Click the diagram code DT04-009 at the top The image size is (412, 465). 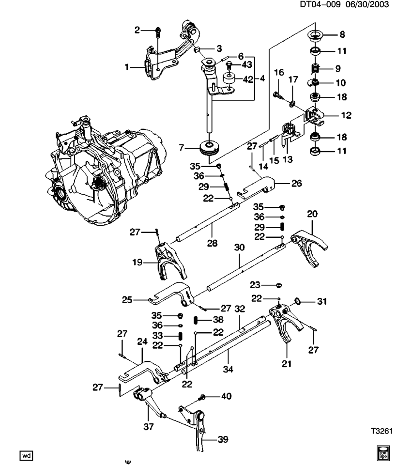320,4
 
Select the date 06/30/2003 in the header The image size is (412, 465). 367,4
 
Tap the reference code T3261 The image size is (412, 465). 382,431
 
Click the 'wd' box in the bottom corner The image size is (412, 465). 26,455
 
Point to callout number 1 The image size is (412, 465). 127,67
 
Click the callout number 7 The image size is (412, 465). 182,147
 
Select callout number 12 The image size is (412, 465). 346,115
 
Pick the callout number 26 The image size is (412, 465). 296,183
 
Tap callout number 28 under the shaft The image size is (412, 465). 212,243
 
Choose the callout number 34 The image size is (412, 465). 228,369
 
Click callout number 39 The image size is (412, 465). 223,439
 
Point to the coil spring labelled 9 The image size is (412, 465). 315,69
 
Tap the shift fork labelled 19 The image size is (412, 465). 168,261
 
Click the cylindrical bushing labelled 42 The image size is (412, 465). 229,79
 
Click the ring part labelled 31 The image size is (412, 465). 298,302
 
